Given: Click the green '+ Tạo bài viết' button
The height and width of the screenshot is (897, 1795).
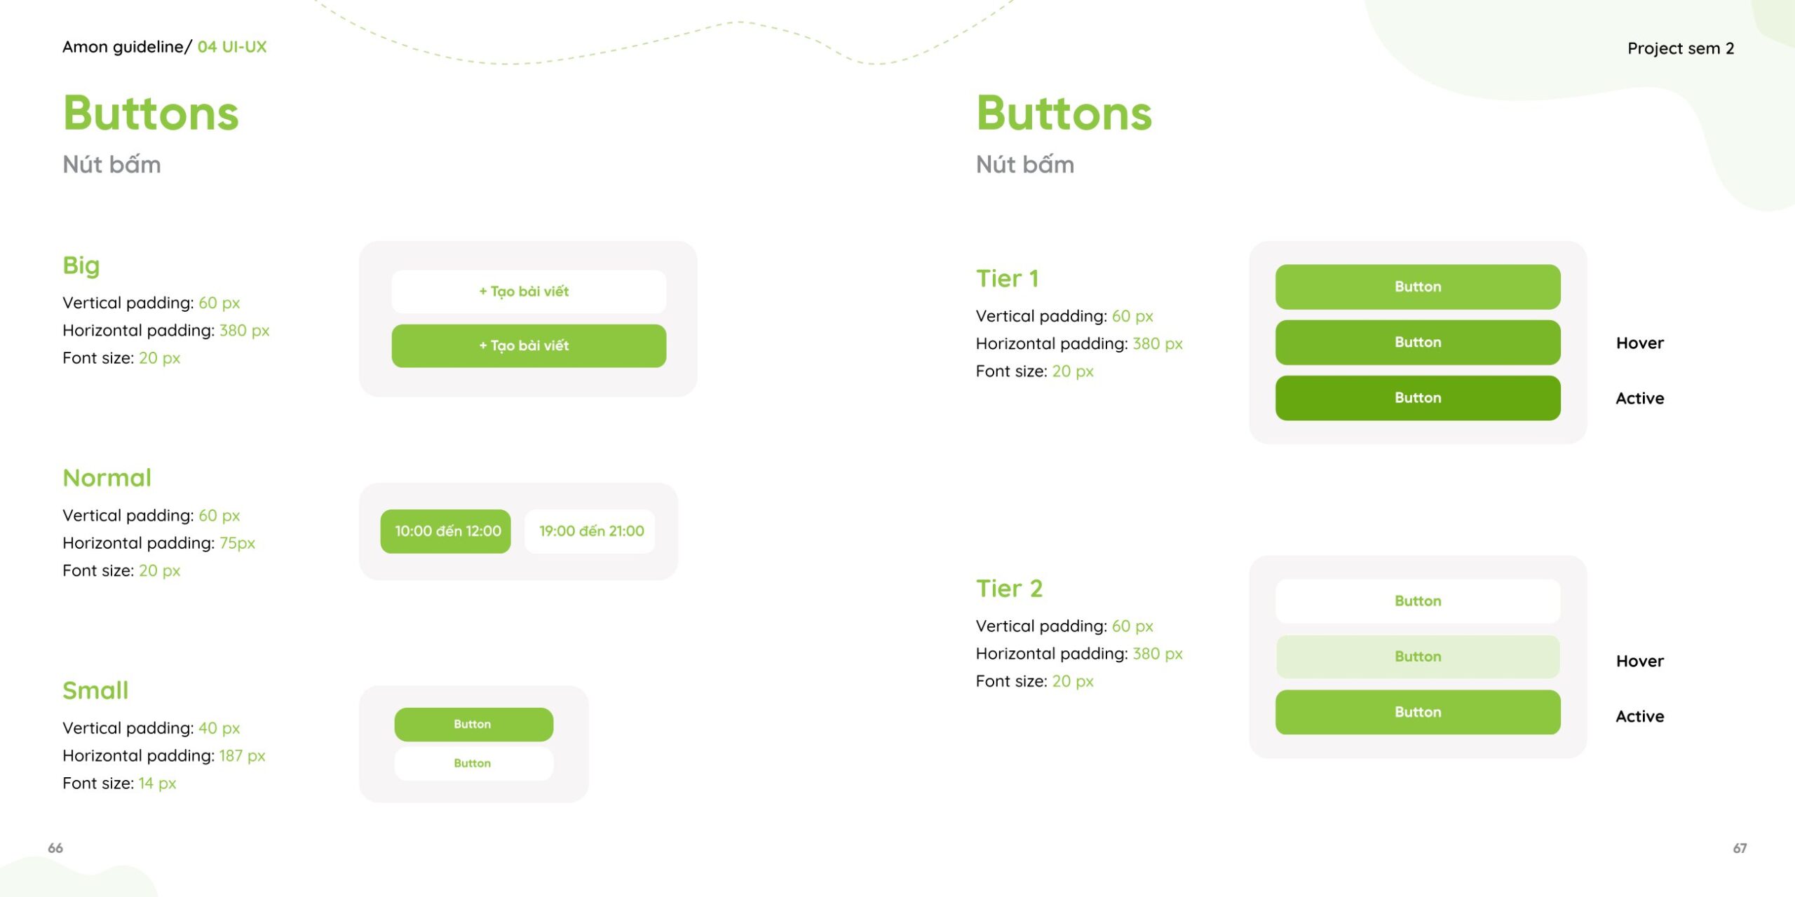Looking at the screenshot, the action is (529, 345).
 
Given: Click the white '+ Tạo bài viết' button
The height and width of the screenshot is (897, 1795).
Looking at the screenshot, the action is (529, 292).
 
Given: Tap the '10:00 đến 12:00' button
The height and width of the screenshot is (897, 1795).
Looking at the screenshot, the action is (446, 531).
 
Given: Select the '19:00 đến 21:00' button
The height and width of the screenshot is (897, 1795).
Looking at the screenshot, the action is (590, 531).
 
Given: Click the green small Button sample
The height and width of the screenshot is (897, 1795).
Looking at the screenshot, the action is (473, 724).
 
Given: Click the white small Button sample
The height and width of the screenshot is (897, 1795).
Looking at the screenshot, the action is (473, 763).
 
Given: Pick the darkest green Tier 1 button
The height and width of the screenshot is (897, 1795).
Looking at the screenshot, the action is (1418, 398).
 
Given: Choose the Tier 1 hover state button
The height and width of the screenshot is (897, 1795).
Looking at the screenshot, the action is (1418, 343).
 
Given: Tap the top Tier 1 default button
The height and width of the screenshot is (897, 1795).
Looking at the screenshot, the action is (1418, 287).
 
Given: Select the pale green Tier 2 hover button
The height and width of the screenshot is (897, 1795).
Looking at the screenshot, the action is (1418, 657).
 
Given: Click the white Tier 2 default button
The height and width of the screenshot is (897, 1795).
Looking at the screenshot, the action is (1418, 601).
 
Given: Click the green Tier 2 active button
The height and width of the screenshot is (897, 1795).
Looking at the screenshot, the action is (1418, 712).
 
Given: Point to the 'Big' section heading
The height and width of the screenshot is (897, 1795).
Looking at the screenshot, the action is (81, 266).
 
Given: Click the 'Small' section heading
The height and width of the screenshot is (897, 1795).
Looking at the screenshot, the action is (95, 690).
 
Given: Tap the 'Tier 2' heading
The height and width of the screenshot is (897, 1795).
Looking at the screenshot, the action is (1009, 589).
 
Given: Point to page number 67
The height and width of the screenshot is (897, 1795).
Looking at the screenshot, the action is (1740, 848).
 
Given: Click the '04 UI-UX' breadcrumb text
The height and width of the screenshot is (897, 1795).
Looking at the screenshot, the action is (232, 47).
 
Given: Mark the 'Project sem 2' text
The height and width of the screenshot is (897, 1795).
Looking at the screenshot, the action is (1681, 48).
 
